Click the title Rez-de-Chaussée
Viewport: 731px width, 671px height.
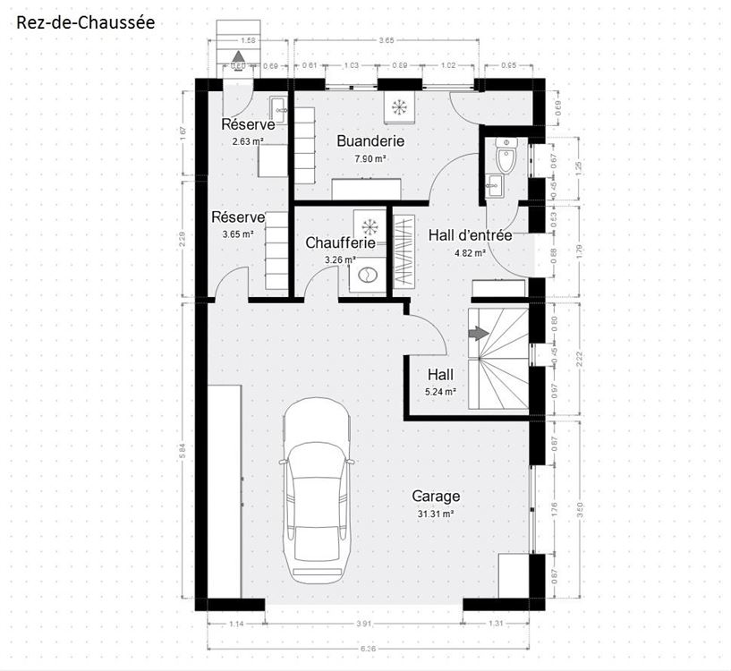86,21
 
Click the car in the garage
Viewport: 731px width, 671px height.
318,492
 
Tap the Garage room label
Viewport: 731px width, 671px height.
436,497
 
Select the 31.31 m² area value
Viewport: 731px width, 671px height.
436,514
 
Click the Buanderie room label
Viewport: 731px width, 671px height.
370,141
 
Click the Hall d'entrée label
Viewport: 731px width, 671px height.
470,236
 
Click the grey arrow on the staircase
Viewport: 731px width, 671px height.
479,333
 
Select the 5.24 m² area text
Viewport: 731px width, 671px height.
440,392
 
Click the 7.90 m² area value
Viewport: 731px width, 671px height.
370,158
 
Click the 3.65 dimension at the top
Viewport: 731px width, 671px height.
387,41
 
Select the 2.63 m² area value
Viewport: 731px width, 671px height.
248,141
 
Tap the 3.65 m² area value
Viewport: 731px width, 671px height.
238,234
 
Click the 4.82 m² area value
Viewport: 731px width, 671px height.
470,253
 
